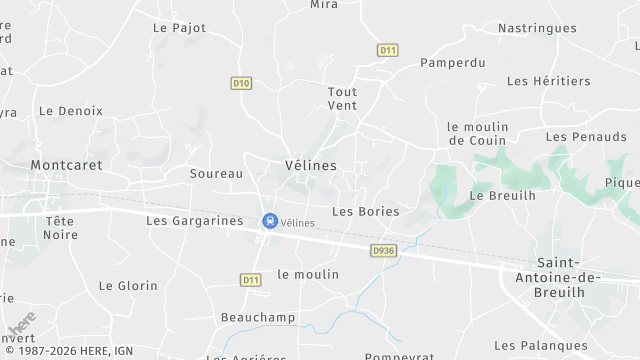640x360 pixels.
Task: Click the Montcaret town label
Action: (x=67, y=164)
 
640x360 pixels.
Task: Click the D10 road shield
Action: (x=240, y=84)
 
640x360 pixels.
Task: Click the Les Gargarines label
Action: (x=194, y=220)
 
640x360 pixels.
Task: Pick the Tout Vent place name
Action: (x=342, y=98)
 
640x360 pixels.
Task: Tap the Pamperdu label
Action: (x=453, y=62)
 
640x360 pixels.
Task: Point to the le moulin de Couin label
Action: (x=478, y=133)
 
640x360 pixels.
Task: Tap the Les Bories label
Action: (x=365, y=212)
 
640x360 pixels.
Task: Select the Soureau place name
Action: (x=216, y=173)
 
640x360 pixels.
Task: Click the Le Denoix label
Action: (x=70, y=111)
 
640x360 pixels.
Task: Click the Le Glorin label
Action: (x=128, y=286)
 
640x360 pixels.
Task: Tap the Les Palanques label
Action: (x=541, y=346)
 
